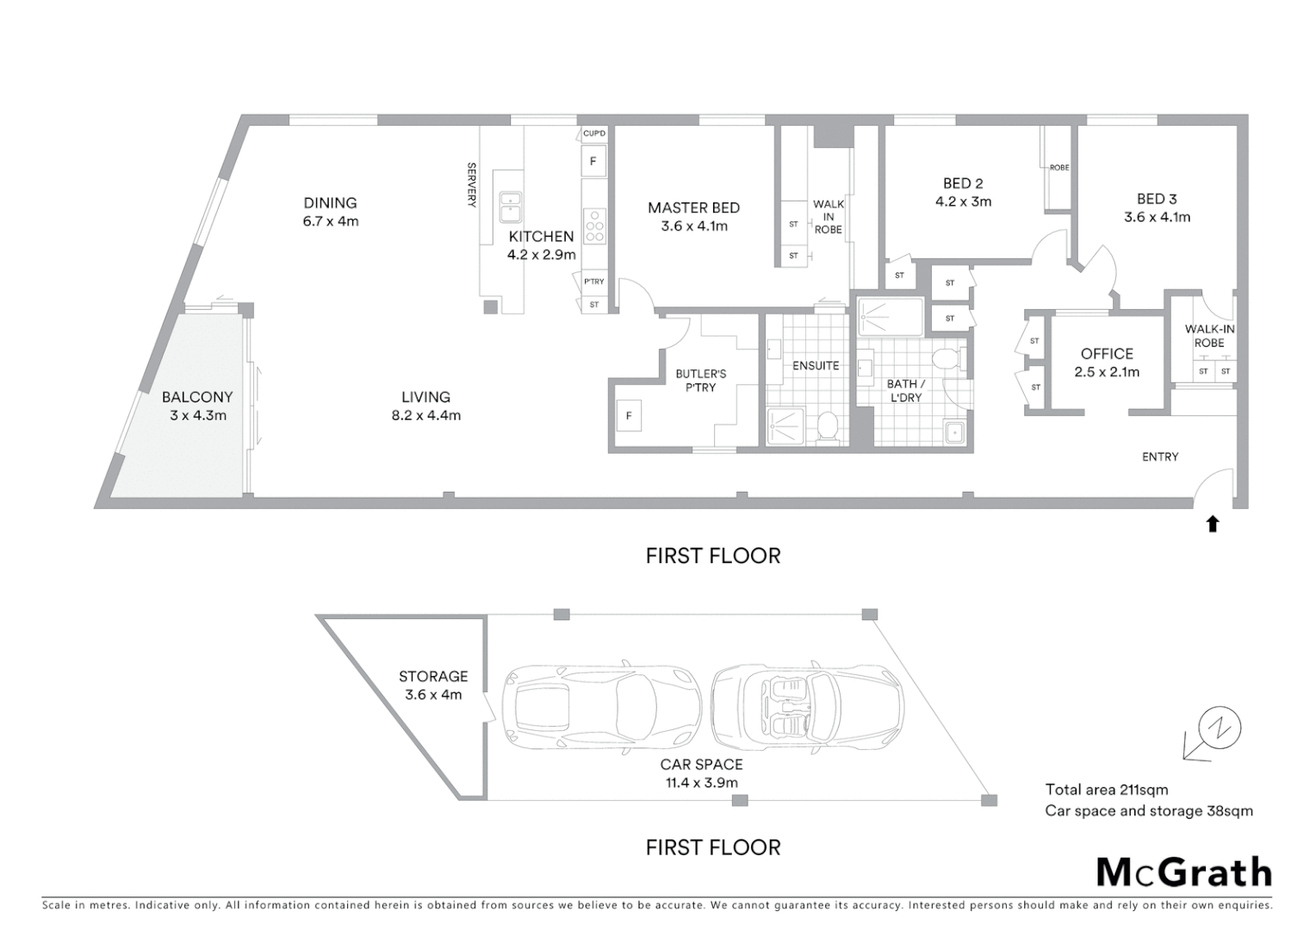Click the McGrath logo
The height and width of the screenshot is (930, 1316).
[1183, 872]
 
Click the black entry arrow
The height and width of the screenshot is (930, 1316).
[1213, 523]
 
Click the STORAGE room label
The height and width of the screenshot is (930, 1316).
[433, 677]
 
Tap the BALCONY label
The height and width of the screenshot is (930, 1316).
[197, 397]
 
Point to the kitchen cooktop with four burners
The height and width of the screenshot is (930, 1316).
[594, 225]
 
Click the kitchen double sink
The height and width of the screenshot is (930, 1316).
[510, 207]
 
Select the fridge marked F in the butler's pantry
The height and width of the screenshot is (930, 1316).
[629, 416]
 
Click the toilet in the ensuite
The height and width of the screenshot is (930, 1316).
[828, 426]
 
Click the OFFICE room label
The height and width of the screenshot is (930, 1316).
[1107, 354]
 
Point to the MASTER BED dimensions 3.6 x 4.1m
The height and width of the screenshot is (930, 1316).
[694, 226]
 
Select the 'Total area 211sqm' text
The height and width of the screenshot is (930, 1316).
[1106, 790]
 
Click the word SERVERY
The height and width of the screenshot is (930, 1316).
[471, 185]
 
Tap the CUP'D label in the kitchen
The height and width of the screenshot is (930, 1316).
[594, 133]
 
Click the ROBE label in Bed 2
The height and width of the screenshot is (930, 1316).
[1059, 168]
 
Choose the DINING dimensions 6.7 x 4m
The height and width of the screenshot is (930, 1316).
[330, 221]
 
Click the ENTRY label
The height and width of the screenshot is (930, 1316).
[1159, 457]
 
